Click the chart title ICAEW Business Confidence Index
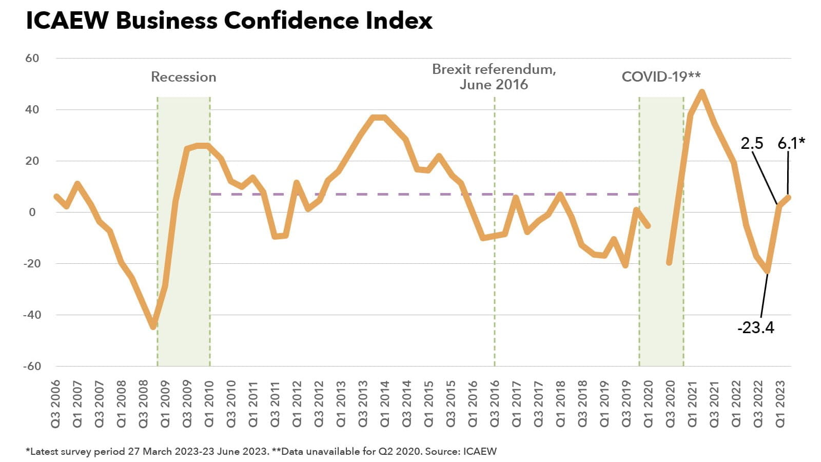coord(229,21)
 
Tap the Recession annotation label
coord(183,77)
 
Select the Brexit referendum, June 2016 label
coord(494,76)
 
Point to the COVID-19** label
coord(661,77)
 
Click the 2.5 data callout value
coord(752,143)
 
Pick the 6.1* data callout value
coord(791,143)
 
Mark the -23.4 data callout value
coord(755,328)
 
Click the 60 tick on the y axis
coord(32,58)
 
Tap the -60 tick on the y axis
coord(32,366)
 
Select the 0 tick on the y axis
coord(33,212)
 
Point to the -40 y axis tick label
coord(32,315)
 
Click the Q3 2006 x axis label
coord(55,403)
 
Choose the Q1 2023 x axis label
coord(780,403)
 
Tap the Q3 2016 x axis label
coord(495,403)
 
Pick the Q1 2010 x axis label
coord(209,403)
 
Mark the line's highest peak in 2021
coord(701,92)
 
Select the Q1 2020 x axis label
coord(648,403)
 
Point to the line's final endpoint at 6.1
coord(789,197)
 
